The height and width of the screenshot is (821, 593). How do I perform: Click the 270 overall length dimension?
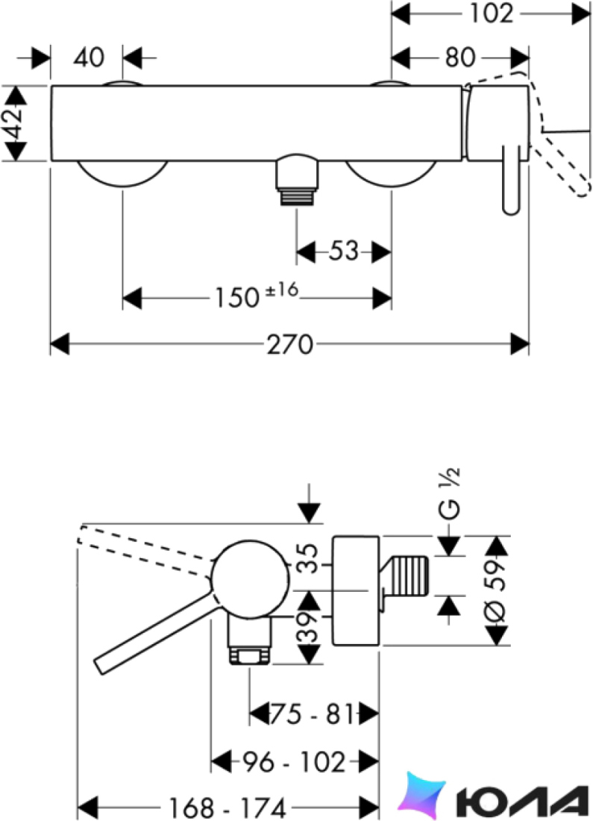[x=289, y=345]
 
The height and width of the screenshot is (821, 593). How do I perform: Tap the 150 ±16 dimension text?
[x=256, y=296]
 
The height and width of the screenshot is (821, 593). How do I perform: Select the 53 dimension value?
[x=344, y=252]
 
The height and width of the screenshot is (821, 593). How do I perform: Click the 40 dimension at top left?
[x=89, y=57]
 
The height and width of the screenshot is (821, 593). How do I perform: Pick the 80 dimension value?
[x=460, y=57]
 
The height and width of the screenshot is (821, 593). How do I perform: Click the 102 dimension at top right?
[x=490, y=13]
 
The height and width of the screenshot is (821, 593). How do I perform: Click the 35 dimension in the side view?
[x=310, y=559]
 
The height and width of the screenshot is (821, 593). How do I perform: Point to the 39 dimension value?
[x=310, y=627]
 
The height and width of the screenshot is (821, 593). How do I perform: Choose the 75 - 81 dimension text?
[x=312, y=713]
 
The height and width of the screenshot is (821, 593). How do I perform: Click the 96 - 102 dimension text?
[x=294, y=762]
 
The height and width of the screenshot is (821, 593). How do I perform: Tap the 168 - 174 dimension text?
[x=227, y=807]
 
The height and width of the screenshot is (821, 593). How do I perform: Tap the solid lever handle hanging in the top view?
[x=511, y=180]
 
